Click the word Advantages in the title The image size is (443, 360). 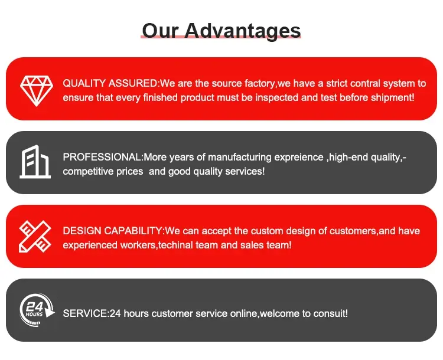click(x=243, y=31)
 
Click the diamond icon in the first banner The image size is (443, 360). click(x=37, y=91)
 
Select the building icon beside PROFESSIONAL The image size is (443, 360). click(x=35, y=162)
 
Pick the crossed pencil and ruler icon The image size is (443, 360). click(x=35, y=236)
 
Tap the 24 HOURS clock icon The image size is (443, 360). click(x=37, y=310)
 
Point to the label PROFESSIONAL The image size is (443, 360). click(x=102, y=157)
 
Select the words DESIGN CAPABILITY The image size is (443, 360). click(x=112, y=231)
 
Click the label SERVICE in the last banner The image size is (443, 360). click(x=84, y=313)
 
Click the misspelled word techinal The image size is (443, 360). click(x=176, y=245)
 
